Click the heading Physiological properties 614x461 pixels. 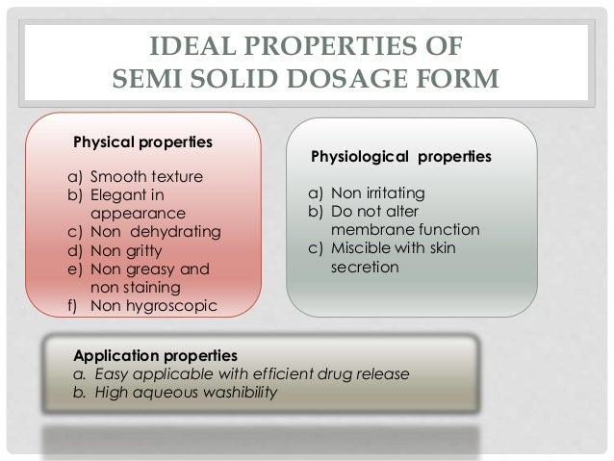tap(400, 154)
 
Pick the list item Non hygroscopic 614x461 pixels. tap(153, 305)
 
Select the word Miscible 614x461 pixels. tap(362, 249)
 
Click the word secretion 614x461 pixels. tap(365, 268)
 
